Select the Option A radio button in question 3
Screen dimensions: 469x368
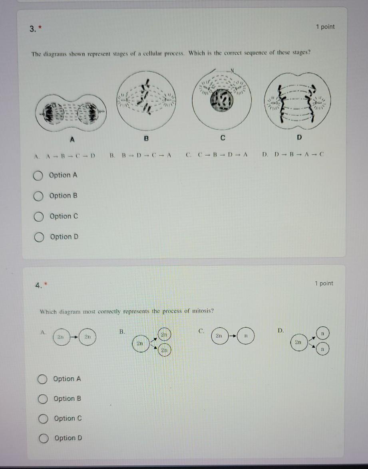pos(38,175)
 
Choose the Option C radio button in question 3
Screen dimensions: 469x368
pos(38,217)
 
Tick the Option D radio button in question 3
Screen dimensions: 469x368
pos(39,237)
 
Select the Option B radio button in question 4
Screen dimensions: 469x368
pos(43,399)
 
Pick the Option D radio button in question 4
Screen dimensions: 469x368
pos(43,438)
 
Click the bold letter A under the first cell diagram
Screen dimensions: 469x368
pos(72,139)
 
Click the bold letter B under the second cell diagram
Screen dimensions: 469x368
pos(146,139)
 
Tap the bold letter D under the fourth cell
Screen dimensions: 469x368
pos(300,138)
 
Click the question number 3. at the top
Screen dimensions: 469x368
pos(34,30)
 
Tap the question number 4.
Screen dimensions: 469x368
pos(38,285)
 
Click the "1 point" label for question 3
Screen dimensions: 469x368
pos(325,27)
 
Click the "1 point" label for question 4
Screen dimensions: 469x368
pos(324,283)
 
